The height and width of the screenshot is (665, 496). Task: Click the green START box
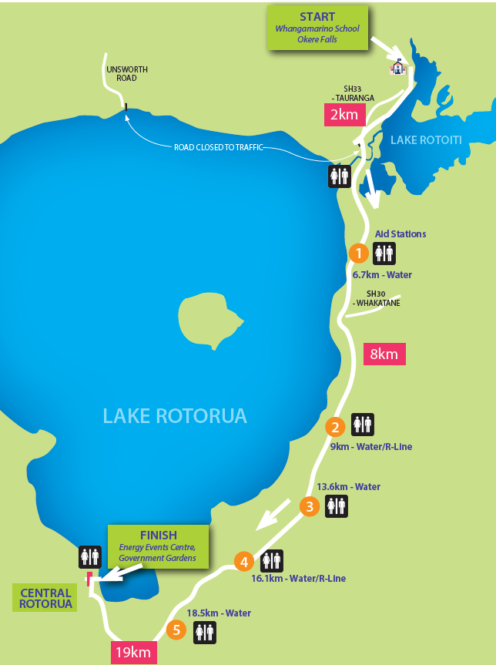pyautogui.click(x=318, y=29)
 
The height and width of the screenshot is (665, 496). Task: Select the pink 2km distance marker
pyautogui.click(x=344, y=115)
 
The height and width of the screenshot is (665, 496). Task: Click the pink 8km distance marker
pyautogui.click(x=384, y=354)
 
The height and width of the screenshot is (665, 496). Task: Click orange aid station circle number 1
pyautogui.click(x=357, y=252)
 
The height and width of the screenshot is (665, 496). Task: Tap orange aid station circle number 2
pyautogui.click(x=334, y=426)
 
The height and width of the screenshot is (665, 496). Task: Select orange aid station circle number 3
pyautogui.click(x=309, y=506)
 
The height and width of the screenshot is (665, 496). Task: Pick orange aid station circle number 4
pyautogui.click(x=244, y=562)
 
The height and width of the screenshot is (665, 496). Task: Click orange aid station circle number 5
pyautogui.click(x=176, y=630)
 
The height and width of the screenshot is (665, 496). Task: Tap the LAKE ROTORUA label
pyautogui.click(x=175, y=416)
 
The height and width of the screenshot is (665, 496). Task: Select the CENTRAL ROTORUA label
pyautogui.click(x=46, y=599)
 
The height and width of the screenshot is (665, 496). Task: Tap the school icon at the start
pyautogui.click(x=397, y=66)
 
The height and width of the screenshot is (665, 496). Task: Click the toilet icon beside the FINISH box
pyautogui.click(x=89, y=556)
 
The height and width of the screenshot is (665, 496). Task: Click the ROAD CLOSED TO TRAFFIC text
pyautogui.click(x=219, y=146)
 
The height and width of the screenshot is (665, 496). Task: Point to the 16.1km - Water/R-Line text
pyautogui.click(x=298, y=579)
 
